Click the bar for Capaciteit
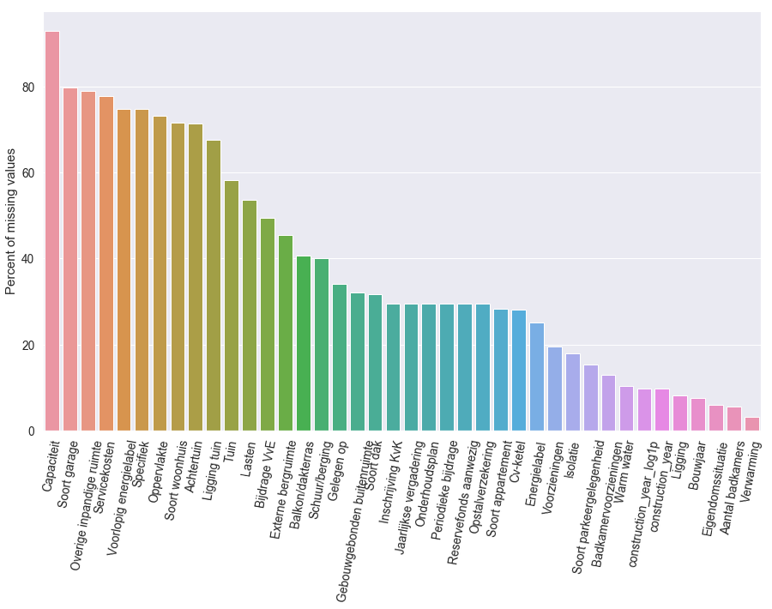tap(52, 232)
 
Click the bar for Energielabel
tap(537, 377)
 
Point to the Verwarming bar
tap(752, 424)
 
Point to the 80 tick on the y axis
tap(29, 87)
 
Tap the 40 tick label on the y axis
tap(29, 259)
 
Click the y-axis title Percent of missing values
tap(11, 221)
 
